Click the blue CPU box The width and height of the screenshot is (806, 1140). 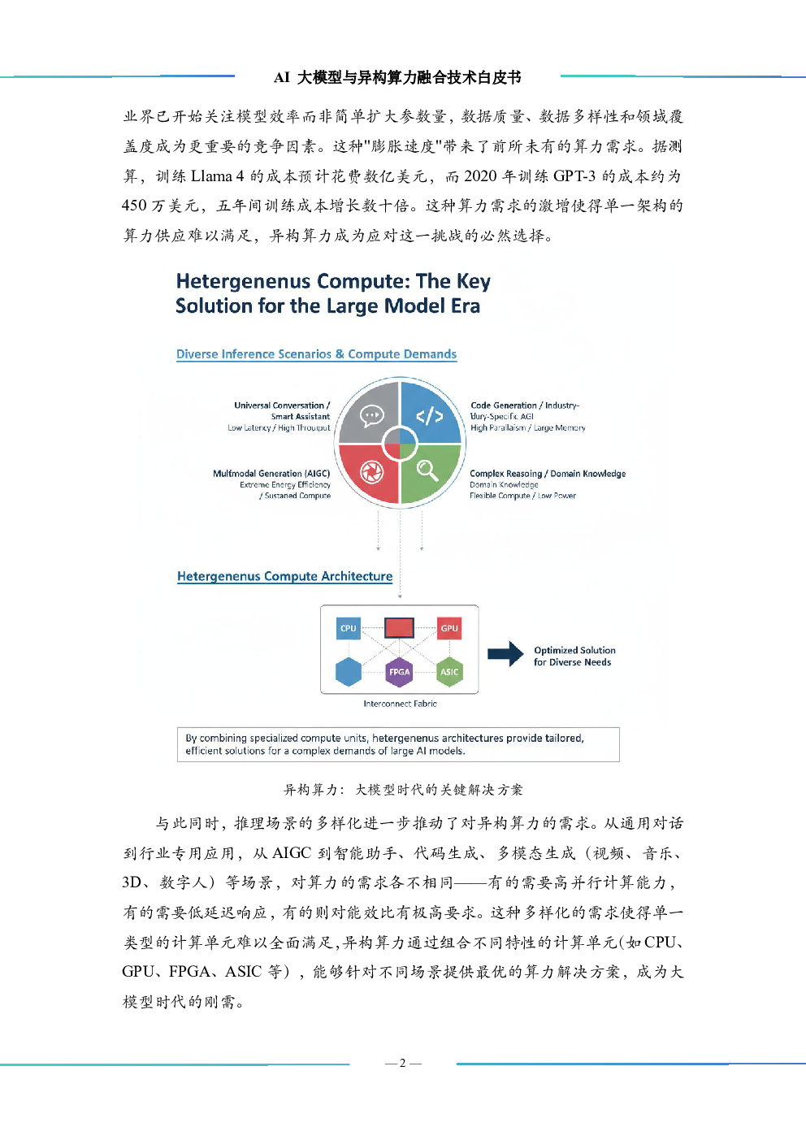pos(349,628)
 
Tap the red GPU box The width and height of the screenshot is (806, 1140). pos(449,628)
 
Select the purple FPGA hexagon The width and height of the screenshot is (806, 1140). pos(399,672)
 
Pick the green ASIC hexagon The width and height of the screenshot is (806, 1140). pos(449,672)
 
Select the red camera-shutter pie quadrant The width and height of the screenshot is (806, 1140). pos(370,472)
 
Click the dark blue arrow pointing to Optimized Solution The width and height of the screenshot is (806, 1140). pos(505,653)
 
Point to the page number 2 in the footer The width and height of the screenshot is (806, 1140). pos(402,1063)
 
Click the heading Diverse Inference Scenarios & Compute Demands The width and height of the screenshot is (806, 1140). pos(316,354)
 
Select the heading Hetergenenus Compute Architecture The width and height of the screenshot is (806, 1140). pos(284,576)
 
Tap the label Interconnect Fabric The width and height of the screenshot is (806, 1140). pos(400,704)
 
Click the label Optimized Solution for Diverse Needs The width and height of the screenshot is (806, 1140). pos(574,657)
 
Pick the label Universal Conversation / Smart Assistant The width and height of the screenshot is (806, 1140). pos(283,410)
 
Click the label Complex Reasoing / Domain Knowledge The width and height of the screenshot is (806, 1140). pos(548,474)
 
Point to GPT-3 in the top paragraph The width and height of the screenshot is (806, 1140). pos(574,176)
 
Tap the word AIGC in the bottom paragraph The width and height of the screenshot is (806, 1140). pos(292,853)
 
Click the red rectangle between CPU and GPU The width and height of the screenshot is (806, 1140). pos(399,627)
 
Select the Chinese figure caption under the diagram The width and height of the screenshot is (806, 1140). pos(403,790)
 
